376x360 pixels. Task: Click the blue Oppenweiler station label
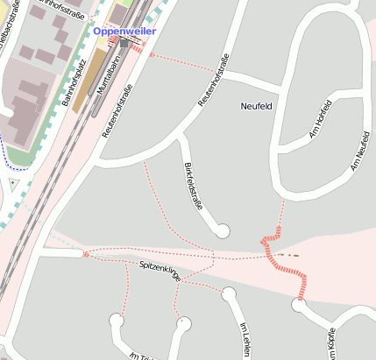(124, 32)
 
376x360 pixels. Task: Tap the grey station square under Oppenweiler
(125, 42)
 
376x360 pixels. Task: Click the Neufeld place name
(256, 106)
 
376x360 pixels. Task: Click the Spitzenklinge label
(160, 270)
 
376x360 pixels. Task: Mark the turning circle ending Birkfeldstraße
(223, 231)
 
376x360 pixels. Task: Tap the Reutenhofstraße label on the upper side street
(215, 80)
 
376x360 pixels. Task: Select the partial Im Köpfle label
(331, 344)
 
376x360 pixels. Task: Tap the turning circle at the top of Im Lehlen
(229, 293)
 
